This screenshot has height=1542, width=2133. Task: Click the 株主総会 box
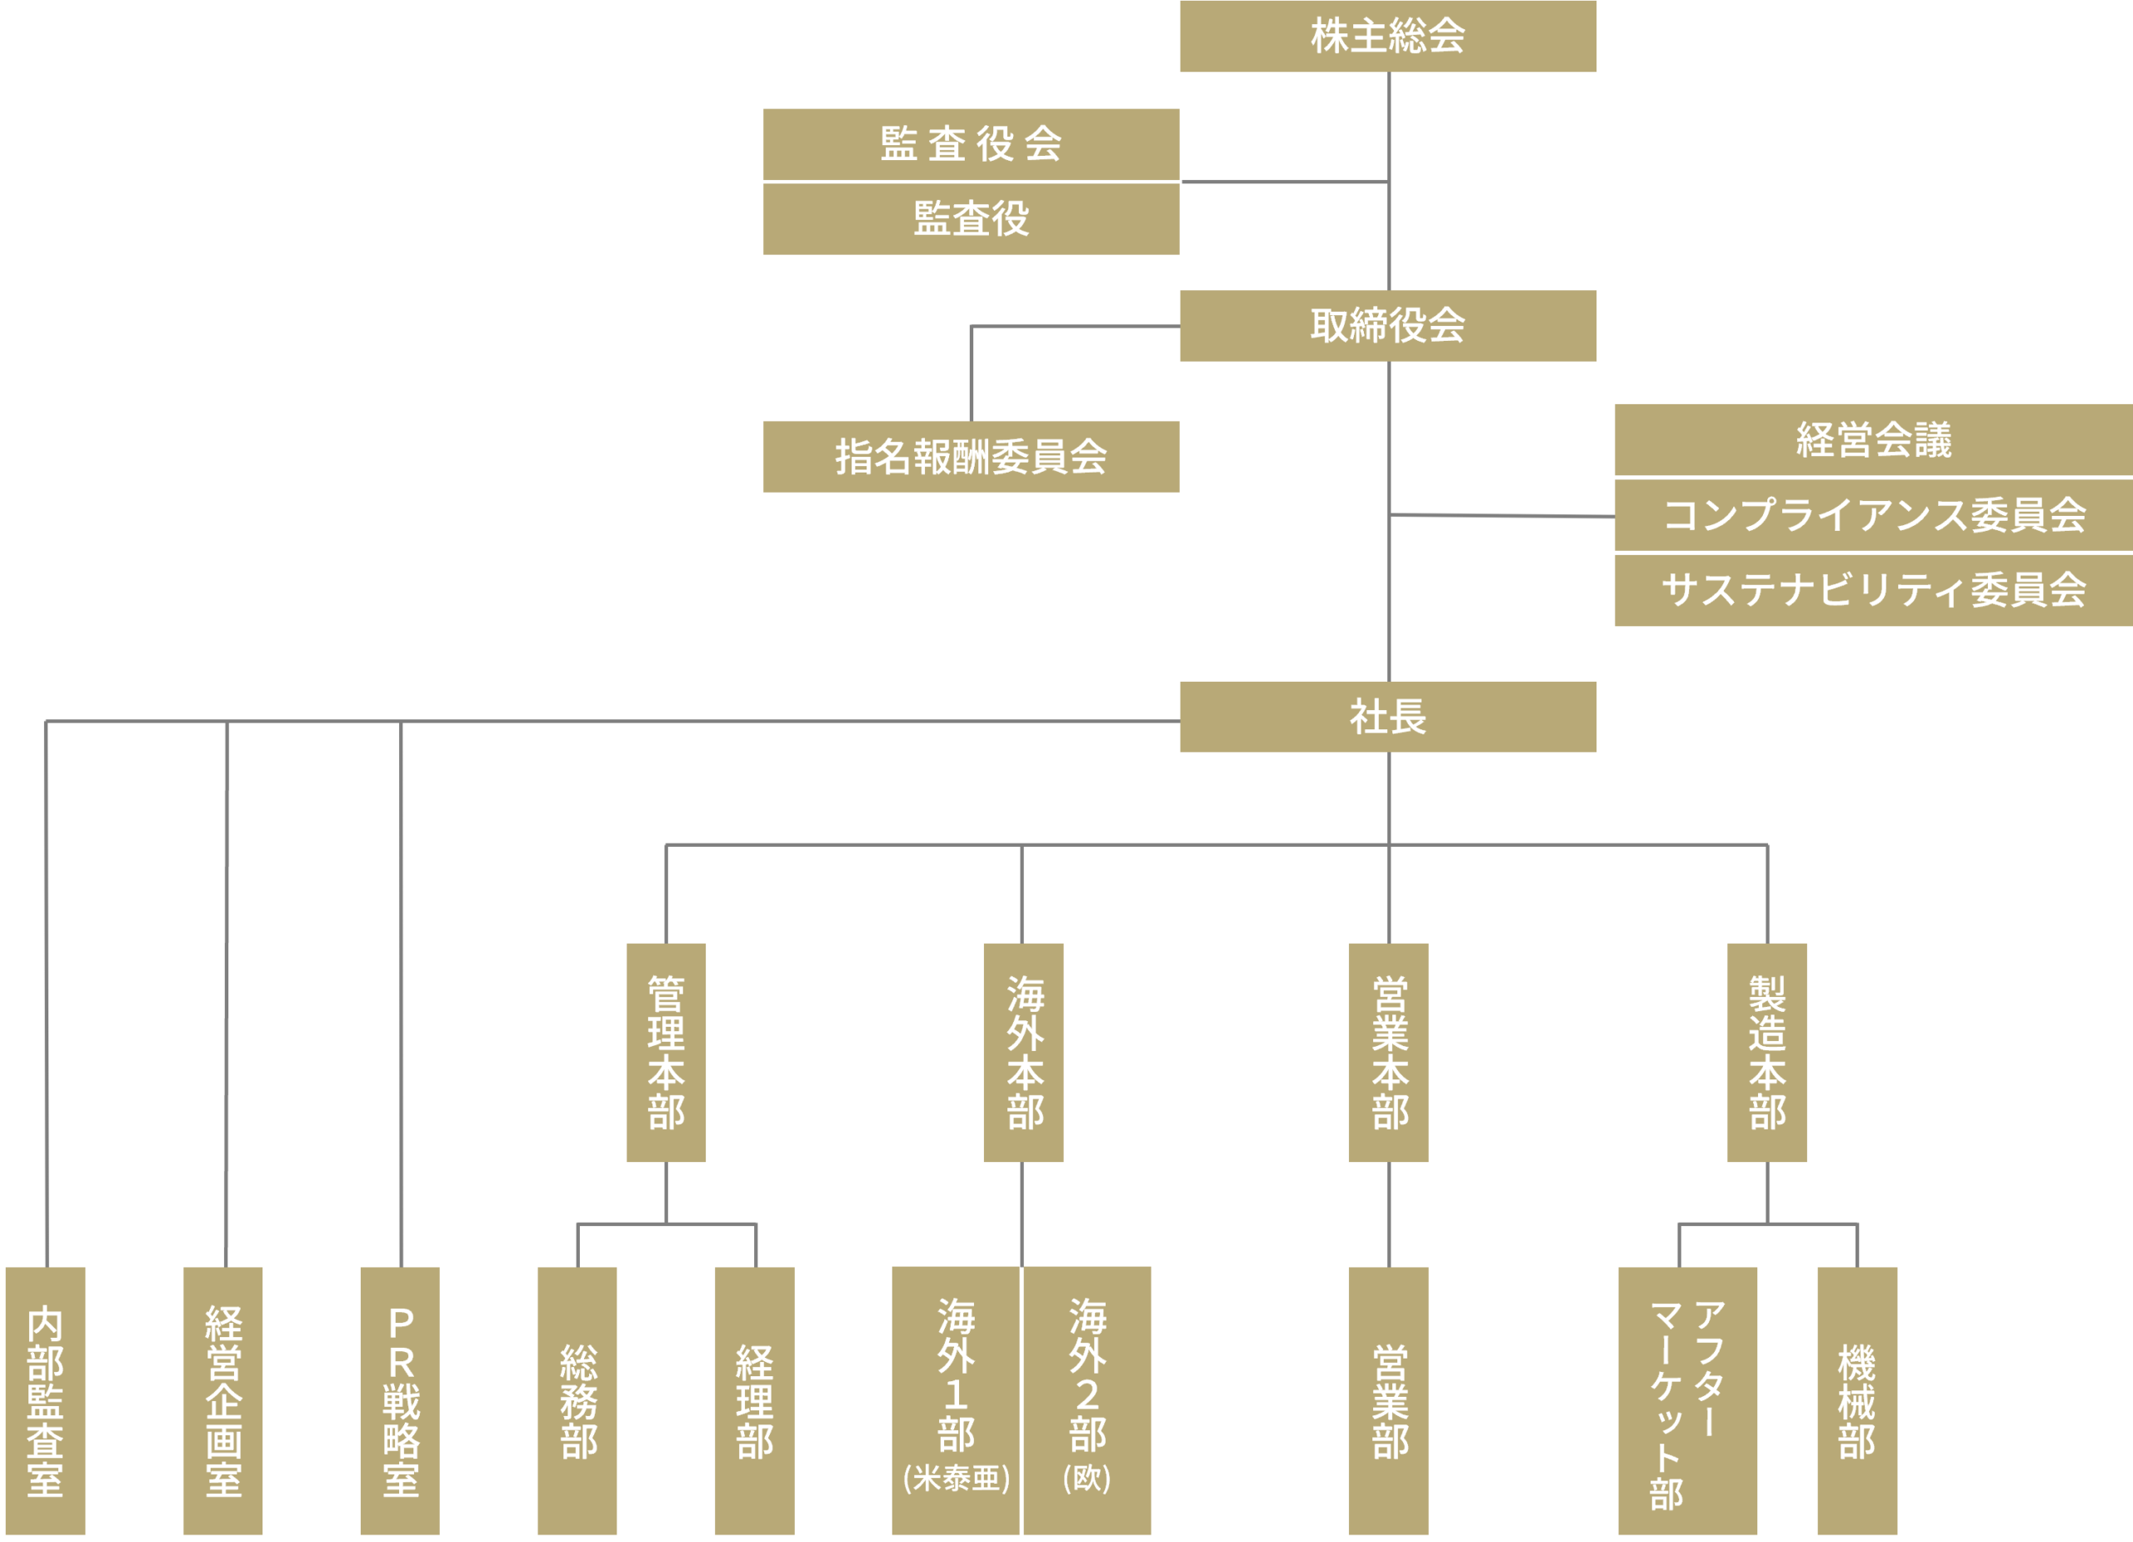[x=1387, y=36]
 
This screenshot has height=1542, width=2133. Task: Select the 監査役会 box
[x=971, y=144]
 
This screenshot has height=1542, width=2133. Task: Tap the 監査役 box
[x=971, y=218]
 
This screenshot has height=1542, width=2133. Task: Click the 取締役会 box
[x=1387, y=326]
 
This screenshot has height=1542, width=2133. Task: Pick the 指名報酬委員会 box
[x=971, y=456]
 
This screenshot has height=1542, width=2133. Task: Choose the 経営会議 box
[x=1872, y=439]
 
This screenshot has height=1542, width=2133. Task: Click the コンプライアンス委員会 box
[x=1872, y=514]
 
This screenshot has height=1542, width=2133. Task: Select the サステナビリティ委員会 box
[x=1872, y=590]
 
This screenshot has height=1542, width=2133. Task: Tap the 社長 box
[x=1387, y=716]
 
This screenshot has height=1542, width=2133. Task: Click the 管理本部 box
[x=666, y=1052]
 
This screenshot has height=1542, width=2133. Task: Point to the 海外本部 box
[x=1023, y=1052]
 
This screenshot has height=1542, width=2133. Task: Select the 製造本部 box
[x=1766, y=1052]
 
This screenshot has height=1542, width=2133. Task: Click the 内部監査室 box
[x=45, y=1400]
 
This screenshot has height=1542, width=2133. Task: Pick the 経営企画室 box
[x=223, y=1400]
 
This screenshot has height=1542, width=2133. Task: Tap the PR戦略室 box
[x=400, y=1400]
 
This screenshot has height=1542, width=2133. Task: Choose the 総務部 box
[x=577, y=1400]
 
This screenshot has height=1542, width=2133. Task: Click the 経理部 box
[x=754, y=1400]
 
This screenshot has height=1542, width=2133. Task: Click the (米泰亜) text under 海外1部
[x=956, y=1478]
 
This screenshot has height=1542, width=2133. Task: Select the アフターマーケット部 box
[x=1687, y=1400]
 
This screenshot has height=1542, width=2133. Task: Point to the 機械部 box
[x=1856, y=1400]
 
